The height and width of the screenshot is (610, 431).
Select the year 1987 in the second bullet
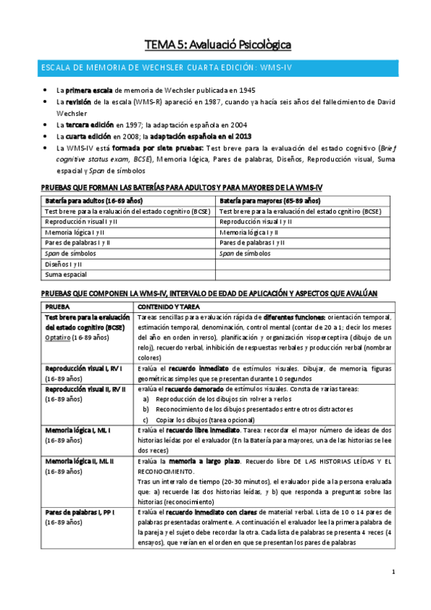click(x=243, y=101)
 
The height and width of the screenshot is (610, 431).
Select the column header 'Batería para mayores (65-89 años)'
click(x=269, y=201)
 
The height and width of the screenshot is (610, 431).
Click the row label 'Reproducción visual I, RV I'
click(x=86, y=368)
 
